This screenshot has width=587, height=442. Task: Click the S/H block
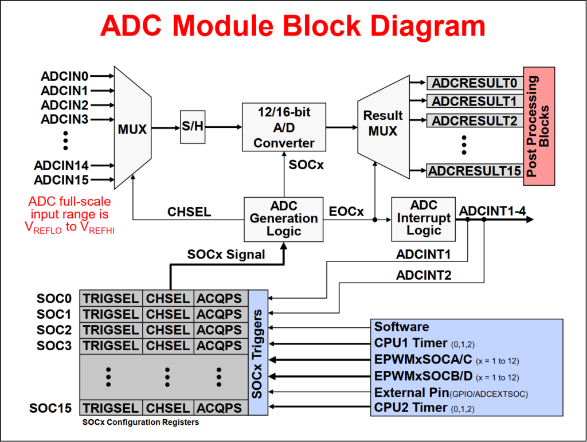[x=192, y=127]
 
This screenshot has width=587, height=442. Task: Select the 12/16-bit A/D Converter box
[x=284, y=127]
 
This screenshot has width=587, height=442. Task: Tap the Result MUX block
[x=382, y=123]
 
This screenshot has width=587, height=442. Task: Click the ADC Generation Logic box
[x=283, y=218]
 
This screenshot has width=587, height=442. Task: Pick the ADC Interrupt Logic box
[x=424, y=218]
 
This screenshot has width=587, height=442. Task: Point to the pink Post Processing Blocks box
[x=539, y=126]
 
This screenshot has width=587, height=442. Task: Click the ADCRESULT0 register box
[x=474, y=83]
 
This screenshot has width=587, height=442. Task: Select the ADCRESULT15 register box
[x=474, y=170]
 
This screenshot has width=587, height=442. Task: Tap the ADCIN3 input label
[x=65, y=119]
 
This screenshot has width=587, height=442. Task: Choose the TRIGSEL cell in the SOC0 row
[x=111, y=298]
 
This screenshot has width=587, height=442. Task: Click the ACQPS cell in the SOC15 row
[x=220, y=408]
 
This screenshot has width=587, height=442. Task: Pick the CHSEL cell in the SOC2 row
[x=167, y=330]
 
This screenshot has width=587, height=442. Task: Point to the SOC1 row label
[x=54, y=314]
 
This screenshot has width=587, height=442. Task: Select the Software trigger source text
[x=401, y=327]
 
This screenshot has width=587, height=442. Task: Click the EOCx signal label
[x=346, y=212]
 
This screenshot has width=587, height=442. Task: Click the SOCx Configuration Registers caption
[x=140, y=423]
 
